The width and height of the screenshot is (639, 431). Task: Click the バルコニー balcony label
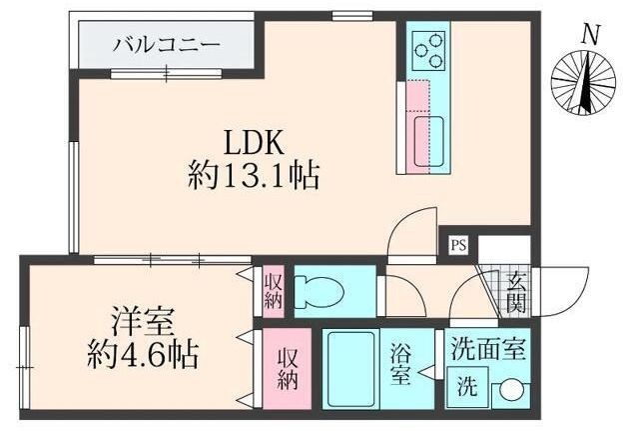point(167,45)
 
